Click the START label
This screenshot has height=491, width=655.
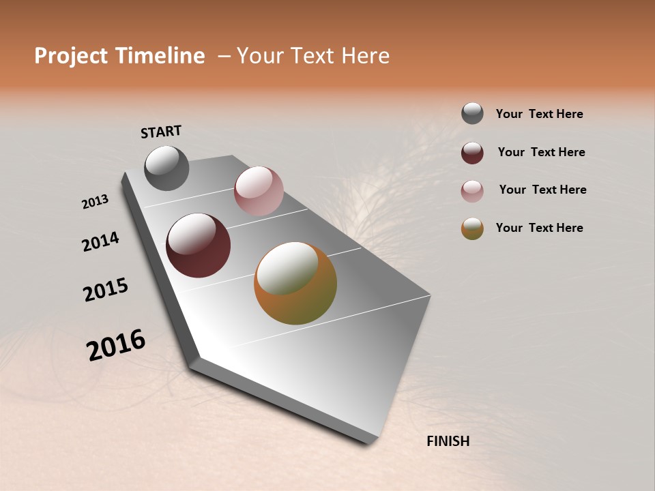[x=161, y=132]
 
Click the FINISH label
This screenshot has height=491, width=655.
[x=448, y=441]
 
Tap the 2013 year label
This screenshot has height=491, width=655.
[x=96, y=202]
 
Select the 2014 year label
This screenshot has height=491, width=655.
[x=100, y=242]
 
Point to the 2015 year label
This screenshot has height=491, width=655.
[x=106, y=290]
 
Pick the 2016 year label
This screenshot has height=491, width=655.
[x=116, y=345]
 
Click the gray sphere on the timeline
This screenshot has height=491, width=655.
[x=166, y=168]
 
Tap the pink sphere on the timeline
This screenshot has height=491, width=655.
[x=259, y=191]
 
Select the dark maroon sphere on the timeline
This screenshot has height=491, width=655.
[x=198, y=245]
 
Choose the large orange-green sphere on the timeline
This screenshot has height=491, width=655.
[x=295, y=283]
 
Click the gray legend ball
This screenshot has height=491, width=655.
[x=472, y=114]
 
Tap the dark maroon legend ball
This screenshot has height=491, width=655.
[x=472, y=153]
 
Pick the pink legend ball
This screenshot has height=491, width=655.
[x=472, y=191]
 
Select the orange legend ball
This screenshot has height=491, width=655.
[x=472, y=228]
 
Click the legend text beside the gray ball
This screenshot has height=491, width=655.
[x=539, y=114]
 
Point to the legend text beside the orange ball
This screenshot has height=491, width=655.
[x=539, y=228]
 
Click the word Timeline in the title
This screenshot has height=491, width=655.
[x=160, y=56]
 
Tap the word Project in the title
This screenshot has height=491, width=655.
[x=70, y=56]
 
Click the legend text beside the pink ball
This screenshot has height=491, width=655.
[x=542, y=190]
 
